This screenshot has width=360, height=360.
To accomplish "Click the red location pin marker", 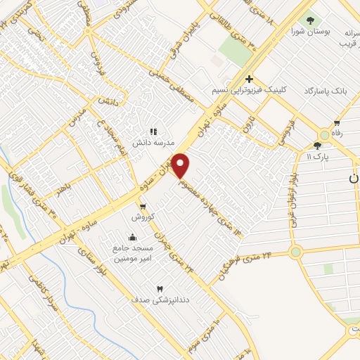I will click(x=181, y=166).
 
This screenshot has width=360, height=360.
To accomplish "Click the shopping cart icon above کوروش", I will click(x=143, y=207).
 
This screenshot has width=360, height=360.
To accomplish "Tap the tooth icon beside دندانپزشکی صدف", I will click(x=160, y=289).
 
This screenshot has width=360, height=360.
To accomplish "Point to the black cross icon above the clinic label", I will click(x=249, y=79).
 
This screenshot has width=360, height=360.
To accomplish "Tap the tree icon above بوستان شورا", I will click(x=309, y=20).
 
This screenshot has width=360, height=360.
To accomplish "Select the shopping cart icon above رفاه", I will click(x=337, y=124).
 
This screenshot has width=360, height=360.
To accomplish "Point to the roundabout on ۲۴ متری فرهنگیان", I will click(x=295, y=251).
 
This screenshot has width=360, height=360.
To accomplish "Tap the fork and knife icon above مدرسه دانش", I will click(x=153, y=131).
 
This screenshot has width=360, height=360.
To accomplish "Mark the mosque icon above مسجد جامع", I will click(x=132, y=236).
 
